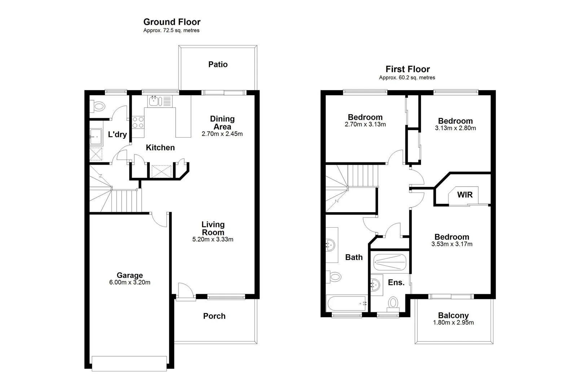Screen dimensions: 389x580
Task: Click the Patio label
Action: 218,64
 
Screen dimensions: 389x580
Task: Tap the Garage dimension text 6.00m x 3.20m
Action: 130,282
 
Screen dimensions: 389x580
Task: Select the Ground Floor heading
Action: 172,22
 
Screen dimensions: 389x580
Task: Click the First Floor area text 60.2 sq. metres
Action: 407,77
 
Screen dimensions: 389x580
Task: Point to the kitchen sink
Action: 154,100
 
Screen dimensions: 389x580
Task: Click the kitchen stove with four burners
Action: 138,122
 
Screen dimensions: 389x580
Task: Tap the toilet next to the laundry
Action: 98,106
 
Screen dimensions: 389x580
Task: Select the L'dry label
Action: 117,135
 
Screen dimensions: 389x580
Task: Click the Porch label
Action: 214,316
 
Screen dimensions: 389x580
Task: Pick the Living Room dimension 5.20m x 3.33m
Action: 213,240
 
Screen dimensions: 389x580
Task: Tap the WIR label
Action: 465,195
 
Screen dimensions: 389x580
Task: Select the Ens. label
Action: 396,283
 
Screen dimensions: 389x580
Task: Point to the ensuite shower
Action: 390,262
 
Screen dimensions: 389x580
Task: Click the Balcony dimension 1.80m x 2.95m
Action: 453,323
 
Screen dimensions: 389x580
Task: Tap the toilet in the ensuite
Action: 393,303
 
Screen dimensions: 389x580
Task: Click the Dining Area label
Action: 222,122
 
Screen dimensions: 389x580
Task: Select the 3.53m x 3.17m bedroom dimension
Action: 452,244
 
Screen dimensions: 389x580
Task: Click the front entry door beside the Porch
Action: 185,290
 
